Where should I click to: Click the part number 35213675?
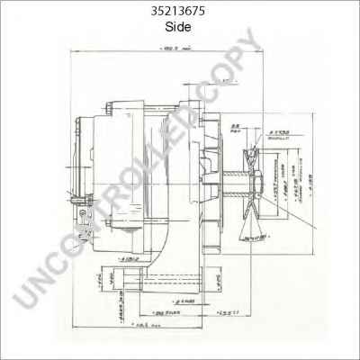point(179,12)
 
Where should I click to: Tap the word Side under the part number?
point(179,27)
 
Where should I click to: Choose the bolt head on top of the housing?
point(111,109)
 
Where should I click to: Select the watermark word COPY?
point(211,67)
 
